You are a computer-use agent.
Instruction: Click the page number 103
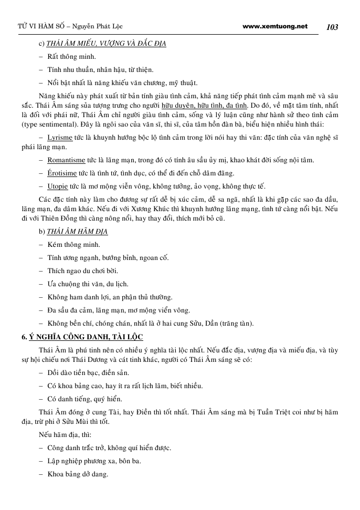click(x=332, y=27)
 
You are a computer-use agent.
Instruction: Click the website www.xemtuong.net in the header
click(x=275, y=26)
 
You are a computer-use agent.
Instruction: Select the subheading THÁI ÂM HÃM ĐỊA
click(x=80, y=232)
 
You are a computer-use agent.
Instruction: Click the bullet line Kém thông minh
click(x=73, y=245)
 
